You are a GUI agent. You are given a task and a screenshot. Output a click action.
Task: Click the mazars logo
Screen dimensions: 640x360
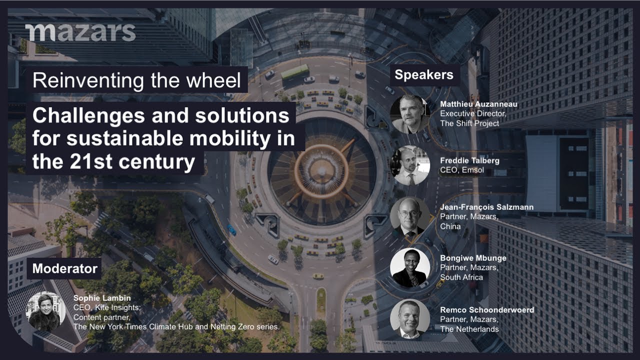coord(80,32)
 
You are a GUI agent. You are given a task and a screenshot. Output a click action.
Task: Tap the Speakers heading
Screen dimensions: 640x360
coord(423,75)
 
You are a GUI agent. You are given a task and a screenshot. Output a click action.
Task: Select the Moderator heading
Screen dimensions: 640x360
coord(65,268)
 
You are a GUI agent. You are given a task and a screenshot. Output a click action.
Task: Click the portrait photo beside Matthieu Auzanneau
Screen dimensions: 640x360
coord(410,114)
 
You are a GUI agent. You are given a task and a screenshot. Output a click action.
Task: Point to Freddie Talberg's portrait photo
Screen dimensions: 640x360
coord(410,165)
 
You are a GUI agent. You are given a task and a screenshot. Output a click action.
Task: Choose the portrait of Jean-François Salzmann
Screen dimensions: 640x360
coord(410,216)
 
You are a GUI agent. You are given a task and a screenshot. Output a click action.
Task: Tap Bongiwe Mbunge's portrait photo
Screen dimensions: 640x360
coord(410,267)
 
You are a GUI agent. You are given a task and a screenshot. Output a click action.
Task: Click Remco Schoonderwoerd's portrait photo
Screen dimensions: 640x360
coord(410,319)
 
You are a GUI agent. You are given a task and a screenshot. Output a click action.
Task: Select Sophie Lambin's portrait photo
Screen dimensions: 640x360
coord(45,311)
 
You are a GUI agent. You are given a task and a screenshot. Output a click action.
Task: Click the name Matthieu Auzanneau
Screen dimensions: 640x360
coord(478,104)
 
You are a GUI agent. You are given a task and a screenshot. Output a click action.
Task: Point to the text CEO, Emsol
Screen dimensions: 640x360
coord(461,170)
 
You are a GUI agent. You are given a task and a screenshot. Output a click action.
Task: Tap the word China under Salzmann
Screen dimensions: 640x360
coord(450,226)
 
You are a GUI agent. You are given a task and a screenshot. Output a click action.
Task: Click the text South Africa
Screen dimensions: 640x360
coord(461,277)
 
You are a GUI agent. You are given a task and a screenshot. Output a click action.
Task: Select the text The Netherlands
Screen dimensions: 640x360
coord(469,329)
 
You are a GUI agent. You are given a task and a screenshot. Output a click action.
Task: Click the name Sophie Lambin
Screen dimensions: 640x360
coord(102,298)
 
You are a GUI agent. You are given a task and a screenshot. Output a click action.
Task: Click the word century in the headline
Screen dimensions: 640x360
coord(157,161)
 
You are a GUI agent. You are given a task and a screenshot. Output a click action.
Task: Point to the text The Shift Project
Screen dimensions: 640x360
coord(469,123)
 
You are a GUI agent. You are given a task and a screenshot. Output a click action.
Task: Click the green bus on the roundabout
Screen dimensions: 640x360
coord(295,71)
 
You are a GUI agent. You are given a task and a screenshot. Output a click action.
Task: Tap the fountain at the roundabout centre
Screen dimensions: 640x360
coord(321,171)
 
